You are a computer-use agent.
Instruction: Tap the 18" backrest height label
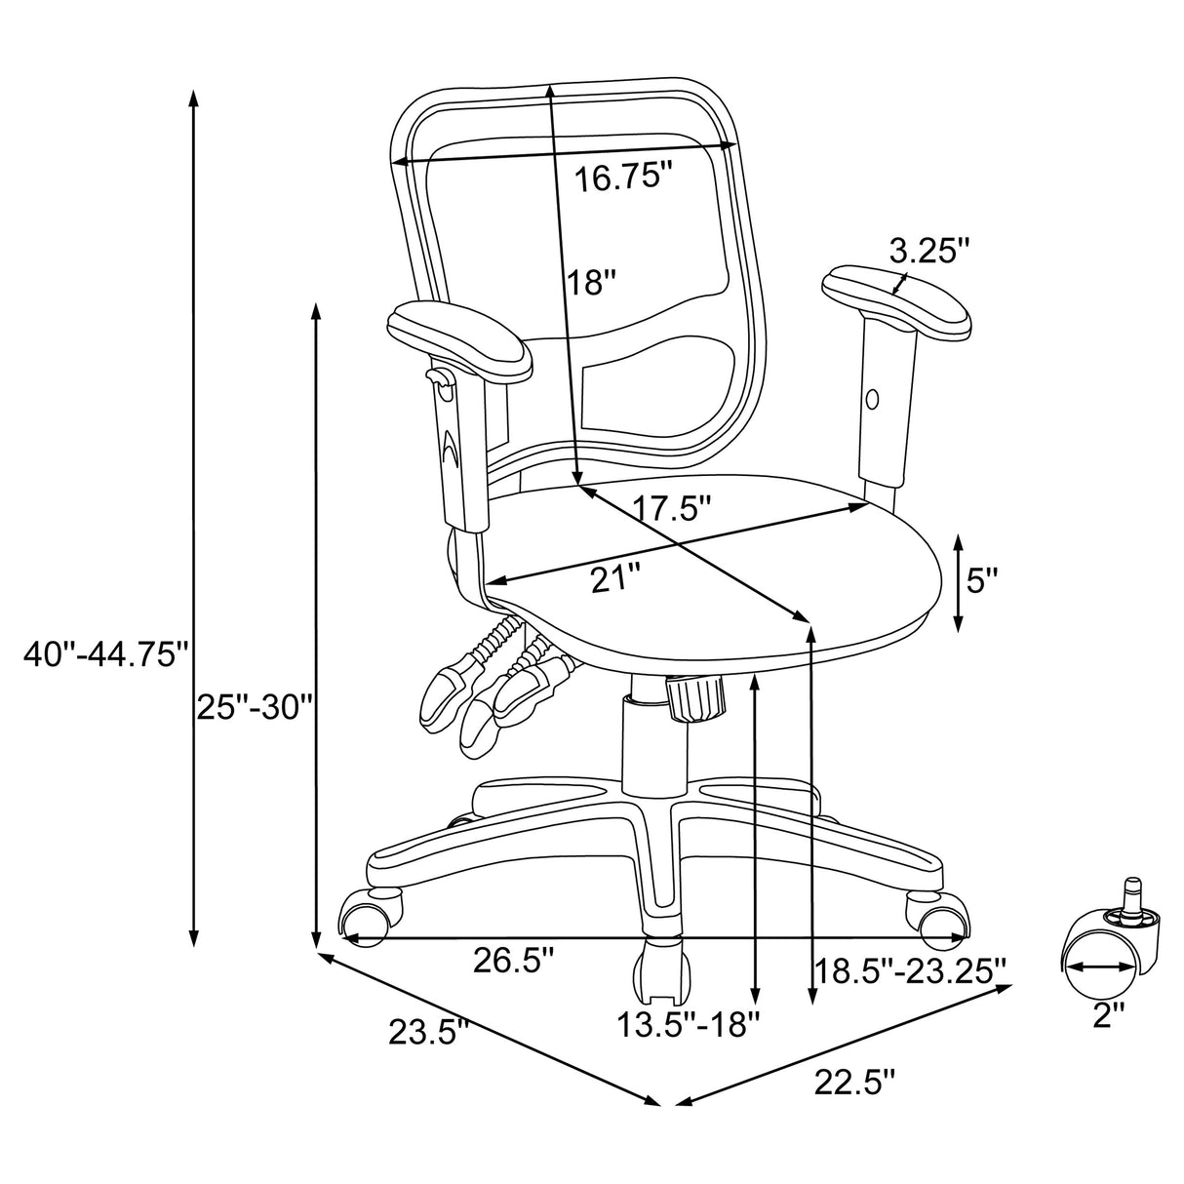click(x=592, y=282)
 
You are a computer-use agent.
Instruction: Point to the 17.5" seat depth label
click(x=670, y=507)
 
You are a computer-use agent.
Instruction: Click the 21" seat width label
click(x=615, y=578)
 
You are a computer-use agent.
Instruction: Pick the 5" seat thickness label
click(x=982, y=581)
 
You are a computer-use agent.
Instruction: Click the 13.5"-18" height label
click(x=688, y=1024)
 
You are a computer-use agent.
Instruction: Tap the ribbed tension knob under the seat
click(x=696, y=698)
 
